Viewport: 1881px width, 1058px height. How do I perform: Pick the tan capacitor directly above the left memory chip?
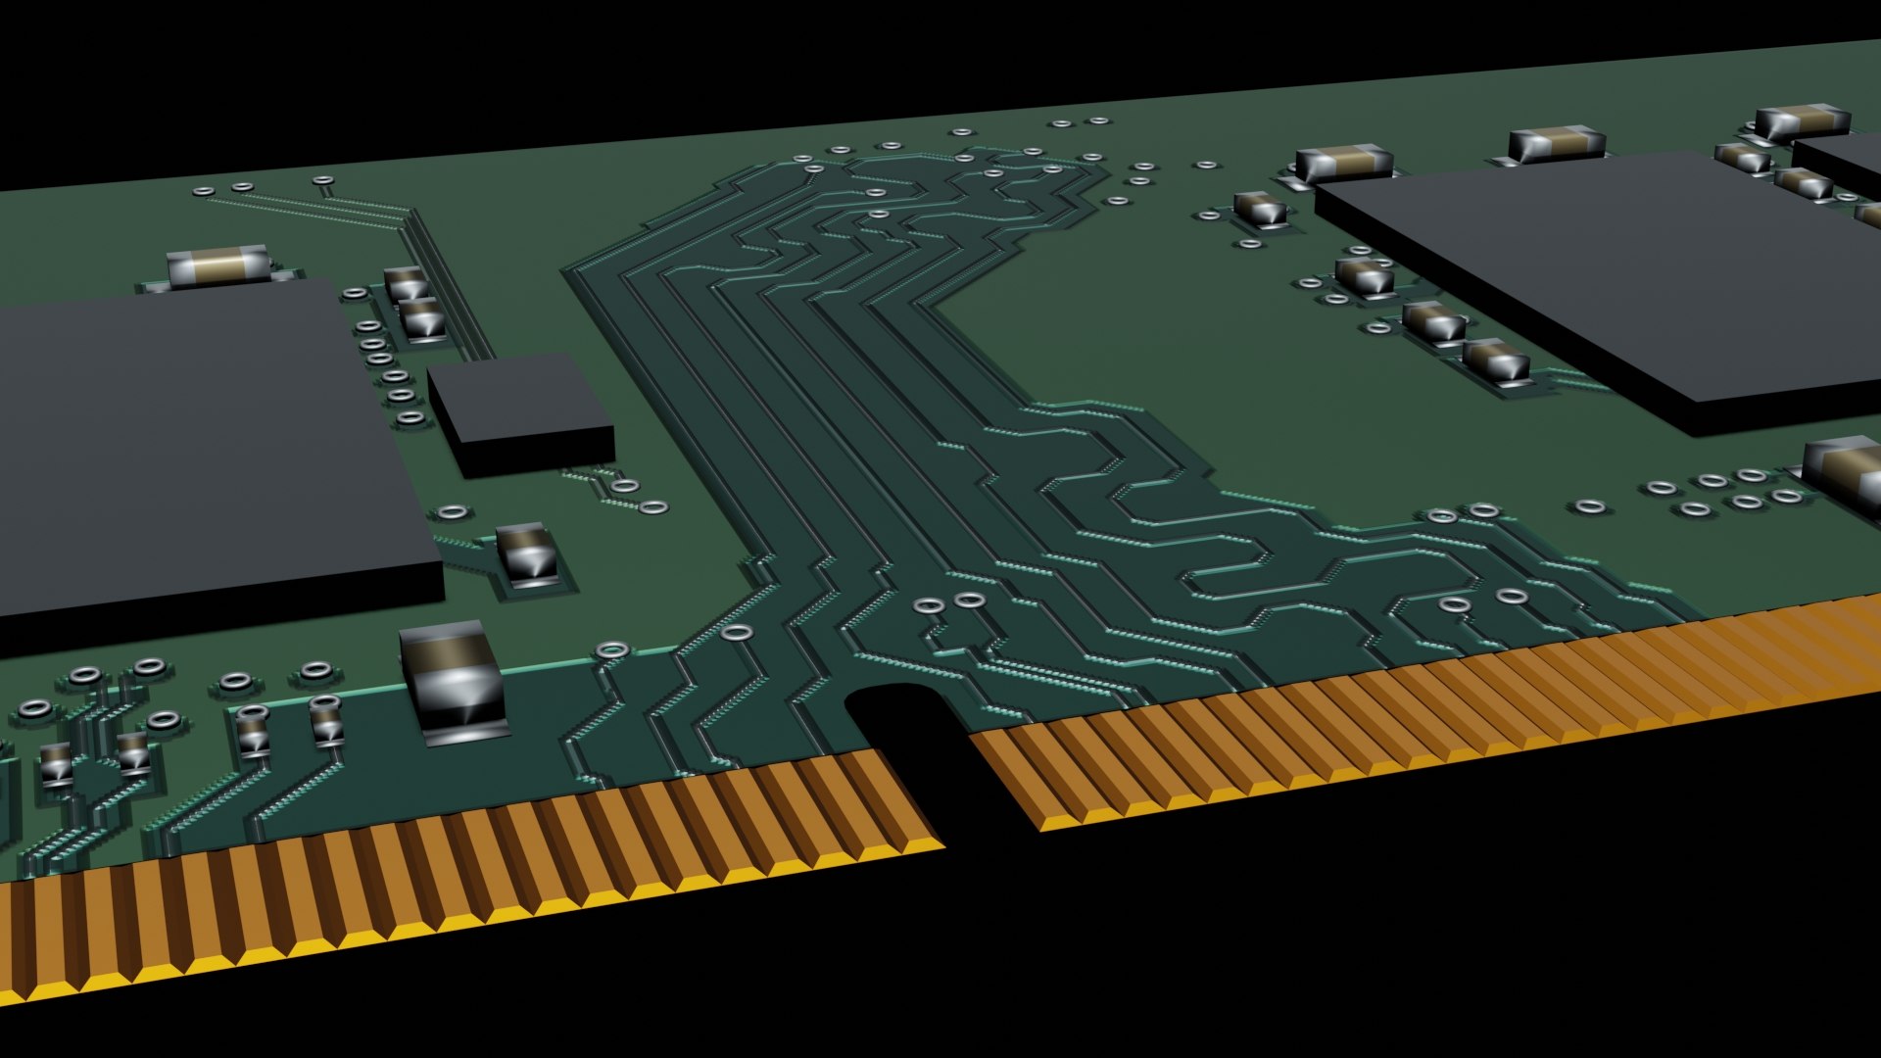[217, 265]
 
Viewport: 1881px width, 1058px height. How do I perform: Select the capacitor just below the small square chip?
[529, 554]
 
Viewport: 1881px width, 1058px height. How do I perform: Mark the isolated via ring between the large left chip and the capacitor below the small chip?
[453, 511]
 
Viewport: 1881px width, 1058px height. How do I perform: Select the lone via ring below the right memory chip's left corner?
[1589, 506]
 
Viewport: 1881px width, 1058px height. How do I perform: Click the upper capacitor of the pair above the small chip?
[405, 283]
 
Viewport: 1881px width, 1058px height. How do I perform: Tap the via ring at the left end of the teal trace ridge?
[612, 649]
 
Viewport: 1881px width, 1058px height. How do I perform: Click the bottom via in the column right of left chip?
[411, 418]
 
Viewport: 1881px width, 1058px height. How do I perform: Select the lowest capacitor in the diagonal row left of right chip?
[1496, 361]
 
